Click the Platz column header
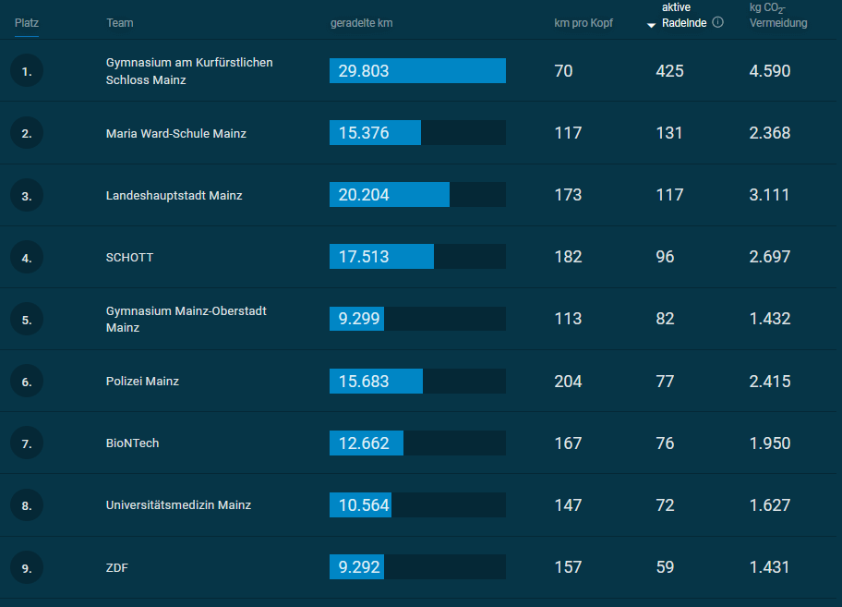[x=26, y=23]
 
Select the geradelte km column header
[x=361, y=23]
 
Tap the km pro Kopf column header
[x=583, y=23]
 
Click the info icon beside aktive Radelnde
[x=717, y=22]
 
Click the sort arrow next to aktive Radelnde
[x=651, y=25]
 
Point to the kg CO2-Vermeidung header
[x=778, y=16]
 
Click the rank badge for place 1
[x=27, y=71]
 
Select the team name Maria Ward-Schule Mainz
[x=176, y=133]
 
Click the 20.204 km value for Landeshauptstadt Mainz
[x=364, y=194]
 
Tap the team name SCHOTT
[x=129, y=257]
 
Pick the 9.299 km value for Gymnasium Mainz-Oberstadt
[x=359, y=319]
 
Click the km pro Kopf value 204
[x=568, y=382]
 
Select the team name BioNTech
[x=133, y=443]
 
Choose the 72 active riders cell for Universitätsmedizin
[x=665, y=505]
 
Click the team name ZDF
[x=117, y=568]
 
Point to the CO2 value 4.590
[x=769, y=71]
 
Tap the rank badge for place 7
[x=27, y=443]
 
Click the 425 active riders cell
[x=669, y=71]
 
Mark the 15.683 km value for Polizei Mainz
[x=364, y=382]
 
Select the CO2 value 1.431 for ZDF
[x=769, y=567]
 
